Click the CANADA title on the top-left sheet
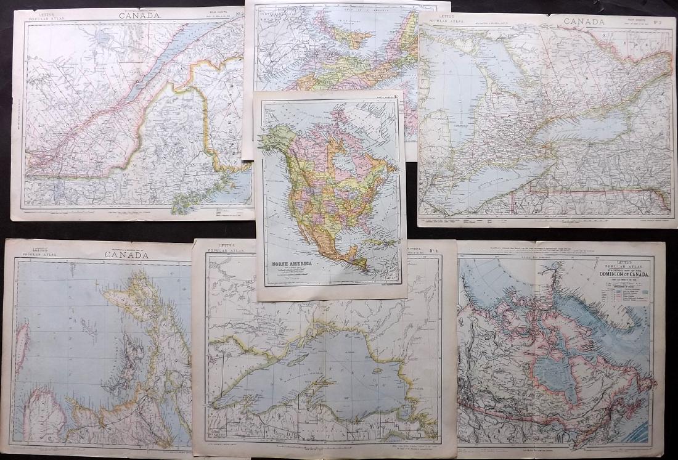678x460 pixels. pyautogui.click(x=131, y=15)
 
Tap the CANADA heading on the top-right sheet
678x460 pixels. pyautogui.click(x=584, y=22)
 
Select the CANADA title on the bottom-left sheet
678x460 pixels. pyautogui.click(x=125, y=255)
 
